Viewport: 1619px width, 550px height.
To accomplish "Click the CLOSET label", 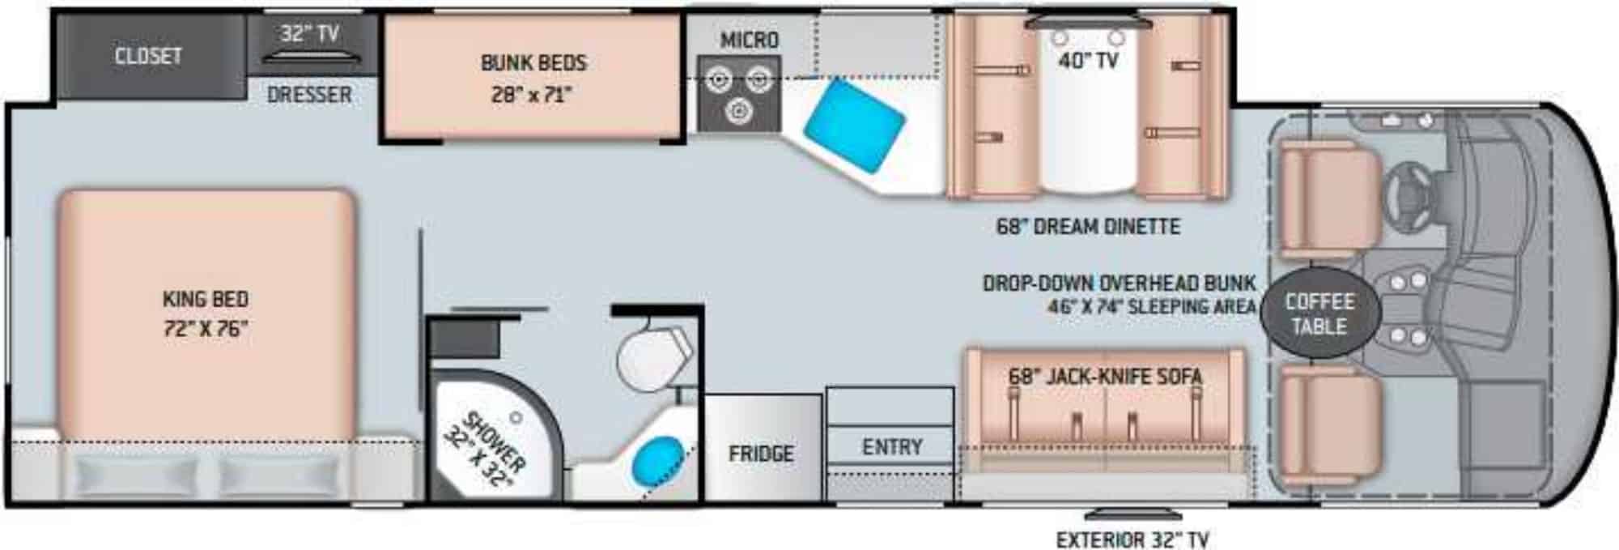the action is tap(148, 56).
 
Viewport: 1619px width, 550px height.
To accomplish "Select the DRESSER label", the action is tap(309, 95).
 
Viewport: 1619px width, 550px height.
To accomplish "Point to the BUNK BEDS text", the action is tap(533, 63).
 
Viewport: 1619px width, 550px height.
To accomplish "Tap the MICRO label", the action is tap(750, 40).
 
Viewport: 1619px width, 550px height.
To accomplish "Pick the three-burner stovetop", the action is tap(739, 93).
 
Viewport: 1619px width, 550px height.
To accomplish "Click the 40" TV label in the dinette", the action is tap(1089, 60).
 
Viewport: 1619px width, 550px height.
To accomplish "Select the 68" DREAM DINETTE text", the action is tap(1088, 227).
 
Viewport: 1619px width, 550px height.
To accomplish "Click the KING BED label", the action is tap(206, 299).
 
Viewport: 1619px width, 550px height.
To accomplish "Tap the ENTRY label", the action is tap(892, 447).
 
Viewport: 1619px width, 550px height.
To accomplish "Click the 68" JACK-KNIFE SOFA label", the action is tap(1105, 377).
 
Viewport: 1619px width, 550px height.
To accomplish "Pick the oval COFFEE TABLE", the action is tap(1319, 314).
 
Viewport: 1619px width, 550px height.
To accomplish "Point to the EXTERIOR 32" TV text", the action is tap(1132, 539).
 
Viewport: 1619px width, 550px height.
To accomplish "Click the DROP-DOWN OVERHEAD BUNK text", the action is tap(1119, 284).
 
